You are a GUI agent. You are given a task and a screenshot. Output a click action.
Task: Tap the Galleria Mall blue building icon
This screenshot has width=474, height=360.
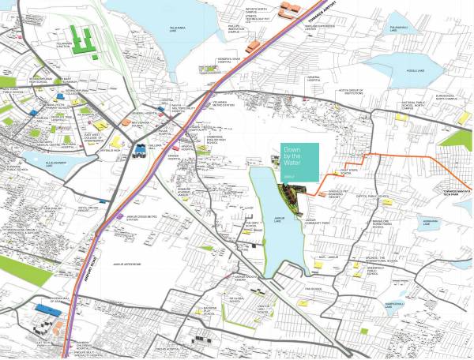tap(140, 148)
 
